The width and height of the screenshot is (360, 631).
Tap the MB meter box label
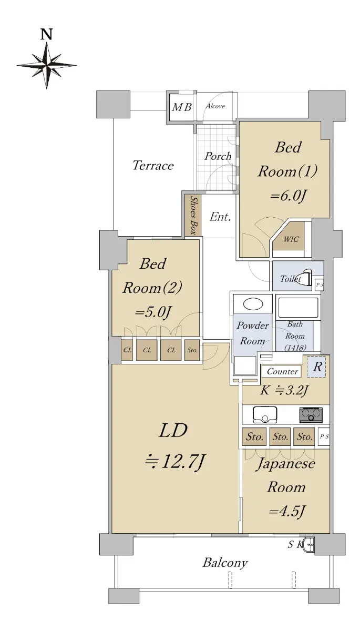[x=182, y=107]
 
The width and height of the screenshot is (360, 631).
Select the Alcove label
[x=215, y=106]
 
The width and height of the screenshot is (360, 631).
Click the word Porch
[x=218, y=156]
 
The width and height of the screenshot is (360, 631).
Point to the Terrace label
[x=153, y=165]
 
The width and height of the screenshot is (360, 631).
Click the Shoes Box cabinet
[x=193, y=215]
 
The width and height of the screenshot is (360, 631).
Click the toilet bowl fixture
[x=306, y=277]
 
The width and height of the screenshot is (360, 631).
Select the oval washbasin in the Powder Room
[x=253, y=304]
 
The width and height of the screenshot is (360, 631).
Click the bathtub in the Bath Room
[x=298, y=308]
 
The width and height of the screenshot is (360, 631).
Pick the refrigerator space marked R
[x=317, y=367]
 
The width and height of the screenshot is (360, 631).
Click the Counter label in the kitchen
[x=282, y=371]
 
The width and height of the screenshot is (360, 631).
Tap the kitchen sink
[x=265, y=415]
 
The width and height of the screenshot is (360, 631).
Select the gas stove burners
[x=311, y=415]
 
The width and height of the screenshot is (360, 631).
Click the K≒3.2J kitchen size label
[x=284, y=390]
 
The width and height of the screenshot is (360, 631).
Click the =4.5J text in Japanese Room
[x=287, y=511]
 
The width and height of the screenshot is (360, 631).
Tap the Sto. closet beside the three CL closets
[x=192, y=350]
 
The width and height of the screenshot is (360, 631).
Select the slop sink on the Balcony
[x=310, y=544]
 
